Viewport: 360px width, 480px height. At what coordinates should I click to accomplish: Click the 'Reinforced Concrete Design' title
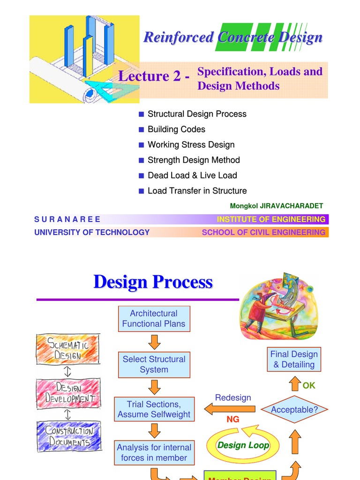click(x=233, y=37)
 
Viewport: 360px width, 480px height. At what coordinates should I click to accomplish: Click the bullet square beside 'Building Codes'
click(x=141, y=129)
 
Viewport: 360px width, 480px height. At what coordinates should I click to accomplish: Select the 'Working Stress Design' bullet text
click(x=191, y=145)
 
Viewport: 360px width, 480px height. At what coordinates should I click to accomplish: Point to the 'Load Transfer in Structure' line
click(x=197, y=191)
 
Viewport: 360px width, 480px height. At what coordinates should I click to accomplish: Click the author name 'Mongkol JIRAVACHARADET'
click(x=277, y=206)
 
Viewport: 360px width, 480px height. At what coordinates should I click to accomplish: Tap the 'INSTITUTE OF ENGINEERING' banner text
click(x=271, y=219)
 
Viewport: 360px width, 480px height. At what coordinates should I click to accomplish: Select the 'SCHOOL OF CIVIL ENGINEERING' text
click(x=263, y=232)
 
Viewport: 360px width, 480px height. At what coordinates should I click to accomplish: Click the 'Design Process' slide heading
click(x=153, y=282)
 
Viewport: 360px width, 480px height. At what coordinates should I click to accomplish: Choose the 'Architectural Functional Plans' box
click(x=154, y=319)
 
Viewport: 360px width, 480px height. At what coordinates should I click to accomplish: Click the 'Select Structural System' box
click(x=154, y=364)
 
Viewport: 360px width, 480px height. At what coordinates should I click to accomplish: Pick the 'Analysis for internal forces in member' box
click(x=154, y=453)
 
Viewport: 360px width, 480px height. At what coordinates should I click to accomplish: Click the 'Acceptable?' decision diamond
click(x=294, y=410)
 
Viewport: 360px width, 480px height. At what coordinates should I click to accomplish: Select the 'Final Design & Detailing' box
click(x=294, y=360)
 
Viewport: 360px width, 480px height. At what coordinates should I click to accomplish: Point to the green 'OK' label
click(x=309, y=385)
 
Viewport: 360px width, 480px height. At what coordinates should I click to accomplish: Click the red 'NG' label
click(x=233, y=420)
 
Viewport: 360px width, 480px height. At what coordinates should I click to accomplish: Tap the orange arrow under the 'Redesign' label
click(x=230, y=409)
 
